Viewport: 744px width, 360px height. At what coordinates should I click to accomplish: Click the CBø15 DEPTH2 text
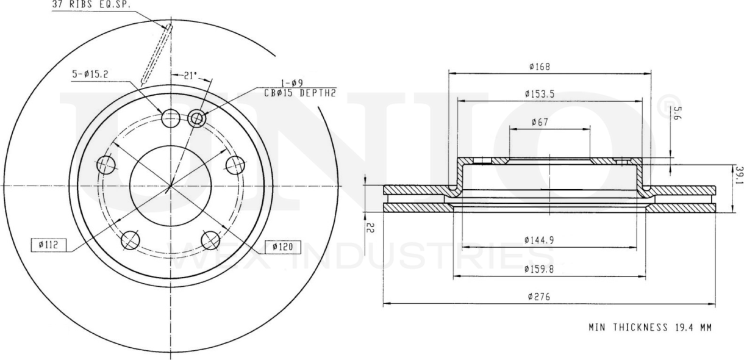pyautogui.click(x=300, y=93)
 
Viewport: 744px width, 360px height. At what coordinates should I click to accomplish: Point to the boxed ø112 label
pyautogui.click(x=46, y=245)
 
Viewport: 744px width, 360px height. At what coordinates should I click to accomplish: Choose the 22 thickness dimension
pyautogui.click(x=370, y=227)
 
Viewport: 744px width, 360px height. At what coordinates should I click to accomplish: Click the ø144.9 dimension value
pyautogui.click(x=539, y=240)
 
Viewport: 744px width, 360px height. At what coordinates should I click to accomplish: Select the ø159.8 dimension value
pyautogui.click(x=539, y=268)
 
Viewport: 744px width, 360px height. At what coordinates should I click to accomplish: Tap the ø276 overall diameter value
pyautogui.click(x=539, y=297)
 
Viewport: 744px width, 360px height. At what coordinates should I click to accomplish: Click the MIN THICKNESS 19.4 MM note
pyautogui.click(x=650, y=328)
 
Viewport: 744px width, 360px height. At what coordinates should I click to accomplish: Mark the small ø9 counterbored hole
pyautogui.click(x=196, y=118)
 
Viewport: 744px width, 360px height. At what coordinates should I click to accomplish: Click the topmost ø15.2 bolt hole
pyautogui.click(x=171, y=117)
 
